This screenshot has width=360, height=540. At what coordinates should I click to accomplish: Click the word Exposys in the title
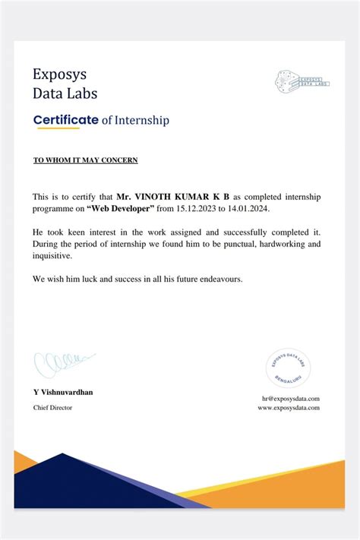point(59,74)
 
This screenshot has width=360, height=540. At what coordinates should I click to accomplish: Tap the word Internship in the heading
point(141,120)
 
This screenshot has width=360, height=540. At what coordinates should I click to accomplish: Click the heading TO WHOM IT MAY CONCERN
point(85,161)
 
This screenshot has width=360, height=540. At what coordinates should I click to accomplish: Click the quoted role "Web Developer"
point(121,208)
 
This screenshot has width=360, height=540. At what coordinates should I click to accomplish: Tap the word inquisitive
point(52,256)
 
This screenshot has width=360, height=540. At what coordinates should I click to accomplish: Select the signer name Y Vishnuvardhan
point(63,392)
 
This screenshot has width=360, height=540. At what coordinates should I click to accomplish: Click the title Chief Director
point(53,408)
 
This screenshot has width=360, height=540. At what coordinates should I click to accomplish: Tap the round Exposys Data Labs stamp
point(289,367)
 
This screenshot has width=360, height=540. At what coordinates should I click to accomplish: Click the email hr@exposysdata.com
point(291,398)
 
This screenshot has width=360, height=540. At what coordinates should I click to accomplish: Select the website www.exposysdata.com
point(289,407)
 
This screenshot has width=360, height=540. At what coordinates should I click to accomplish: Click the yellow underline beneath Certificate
point(57,128)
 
